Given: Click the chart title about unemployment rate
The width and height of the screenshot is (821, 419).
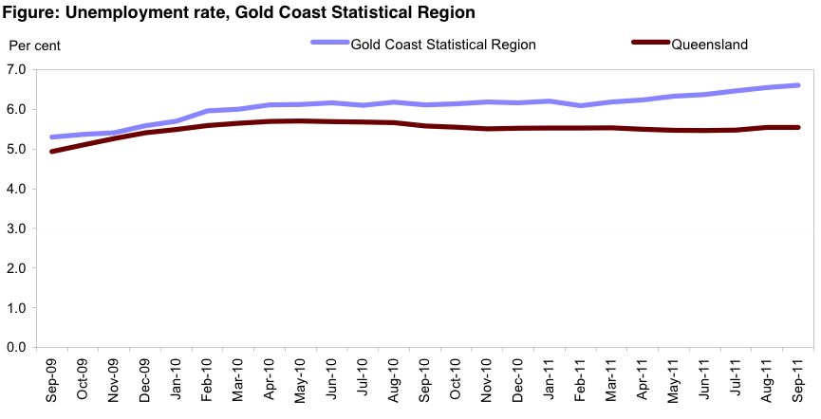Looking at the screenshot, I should (x=238, y=12).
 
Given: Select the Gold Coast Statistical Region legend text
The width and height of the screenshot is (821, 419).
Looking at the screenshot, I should (x=443, y=44).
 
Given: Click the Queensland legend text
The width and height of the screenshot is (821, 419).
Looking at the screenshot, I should (x=710, y=44).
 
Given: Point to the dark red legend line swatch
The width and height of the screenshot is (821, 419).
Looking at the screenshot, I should (x=650, y=44).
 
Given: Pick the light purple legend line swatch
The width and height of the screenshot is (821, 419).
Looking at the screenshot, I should (x=328, y=44).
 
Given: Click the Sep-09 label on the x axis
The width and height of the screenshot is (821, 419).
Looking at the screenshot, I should (x=51, y=380).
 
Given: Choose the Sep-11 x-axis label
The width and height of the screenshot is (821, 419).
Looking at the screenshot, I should (x=797, y=380).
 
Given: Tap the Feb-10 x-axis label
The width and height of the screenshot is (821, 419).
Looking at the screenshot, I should (x=207, y=380).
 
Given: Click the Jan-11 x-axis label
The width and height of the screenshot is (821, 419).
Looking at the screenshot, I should (x=549, y=380).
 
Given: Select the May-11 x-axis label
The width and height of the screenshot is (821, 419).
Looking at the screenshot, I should (x=673, y=380).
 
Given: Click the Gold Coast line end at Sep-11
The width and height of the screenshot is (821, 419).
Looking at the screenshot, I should (x=797, y=85).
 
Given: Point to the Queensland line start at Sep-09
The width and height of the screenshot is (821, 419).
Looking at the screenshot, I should (x=51, y=152).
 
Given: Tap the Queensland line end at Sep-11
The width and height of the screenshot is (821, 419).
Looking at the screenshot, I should (x=797, y=127).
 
